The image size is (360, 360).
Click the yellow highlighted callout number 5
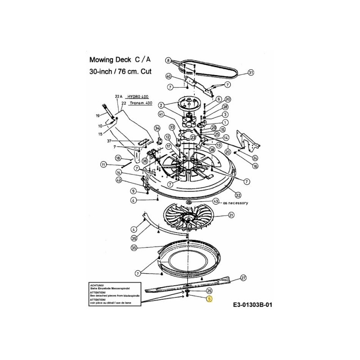coord(210,299)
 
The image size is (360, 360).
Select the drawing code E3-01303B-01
coord(253,305)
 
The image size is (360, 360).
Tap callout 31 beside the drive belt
coord(251,72)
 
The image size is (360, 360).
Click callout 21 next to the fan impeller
coord(231,216)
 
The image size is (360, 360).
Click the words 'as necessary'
coord(235,203)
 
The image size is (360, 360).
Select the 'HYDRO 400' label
coord(137,96)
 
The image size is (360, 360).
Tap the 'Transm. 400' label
coord(140,103)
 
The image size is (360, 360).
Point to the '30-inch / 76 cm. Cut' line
coord(120,71)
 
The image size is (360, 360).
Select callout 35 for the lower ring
coord(134,248)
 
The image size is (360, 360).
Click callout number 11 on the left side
coord(103,165)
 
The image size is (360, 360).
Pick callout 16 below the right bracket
coord(255,166)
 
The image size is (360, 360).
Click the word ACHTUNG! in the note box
coord(97,285)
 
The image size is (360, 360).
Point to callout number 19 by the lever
coord(98,116)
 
